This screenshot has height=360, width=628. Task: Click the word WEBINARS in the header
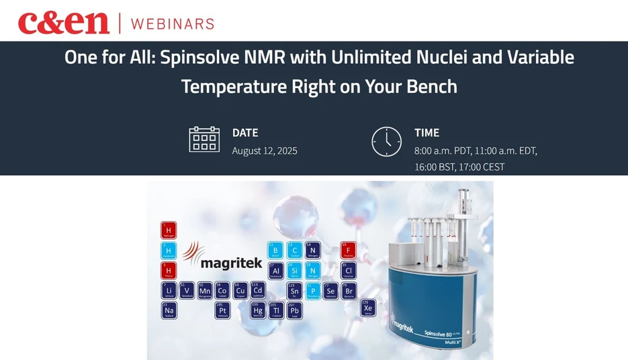coord(172,24)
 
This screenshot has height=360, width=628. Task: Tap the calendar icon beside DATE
coord(204,140)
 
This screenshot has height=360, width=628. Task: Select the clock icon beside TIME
coord(387,141)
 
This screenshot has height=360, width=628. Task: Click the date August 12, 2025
coord(265,150)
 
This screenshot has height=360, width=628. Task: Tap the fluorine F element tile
coord(349,250)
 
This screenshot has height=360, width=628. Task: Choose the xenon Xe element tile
coord(367,308)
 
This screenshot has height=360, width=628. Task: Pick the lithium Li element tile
coord(169,290)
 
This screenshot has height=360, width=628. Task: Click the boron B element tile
coord(275,250)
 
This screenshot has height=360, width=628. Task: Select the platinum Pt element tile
coord(223,310)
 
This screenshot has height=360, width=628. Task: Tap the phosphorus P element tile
coord(312,290)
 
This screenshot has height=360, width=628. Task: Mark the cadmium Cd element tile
coord(259,290)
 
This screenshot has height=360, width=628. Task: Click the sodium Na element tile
coord(169,310)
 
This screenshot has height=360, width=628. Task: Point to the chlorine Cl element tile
coord(349,270)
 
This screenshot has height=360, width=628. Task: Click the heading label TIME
coord(427,133)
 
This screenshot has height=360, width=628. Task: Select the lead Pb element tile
coord(294,310)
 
